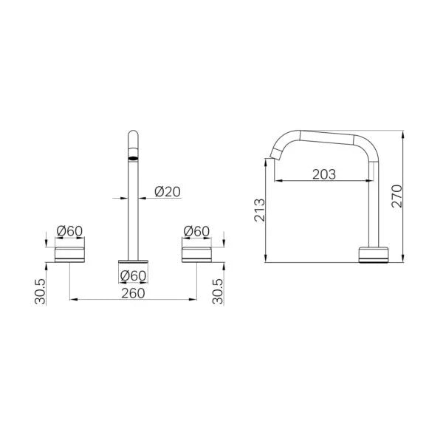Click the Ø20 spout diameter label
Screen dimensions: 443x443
(x=168, y=192)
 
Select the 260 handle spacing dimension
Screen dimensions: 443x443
(x=133, y=293)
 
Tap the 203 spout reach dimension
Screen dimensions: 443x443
(x=324, y=174)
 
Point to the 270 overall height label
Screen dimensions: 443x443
(x=396, y=196)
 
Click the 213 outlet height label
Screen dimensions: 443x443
(x=260, y=210)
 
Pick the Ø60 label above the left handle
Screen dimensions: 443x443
(x=69, y=231)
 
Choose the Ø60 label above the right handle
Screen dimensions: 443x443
(x=196, y=231)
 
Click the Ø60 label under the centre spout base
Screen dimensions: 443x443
(x=133, y=275)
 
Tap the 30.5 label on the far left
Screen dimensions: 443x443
(x=40, y=292)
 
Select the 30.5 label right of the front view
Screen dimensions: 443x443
(x=218, y=292)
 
